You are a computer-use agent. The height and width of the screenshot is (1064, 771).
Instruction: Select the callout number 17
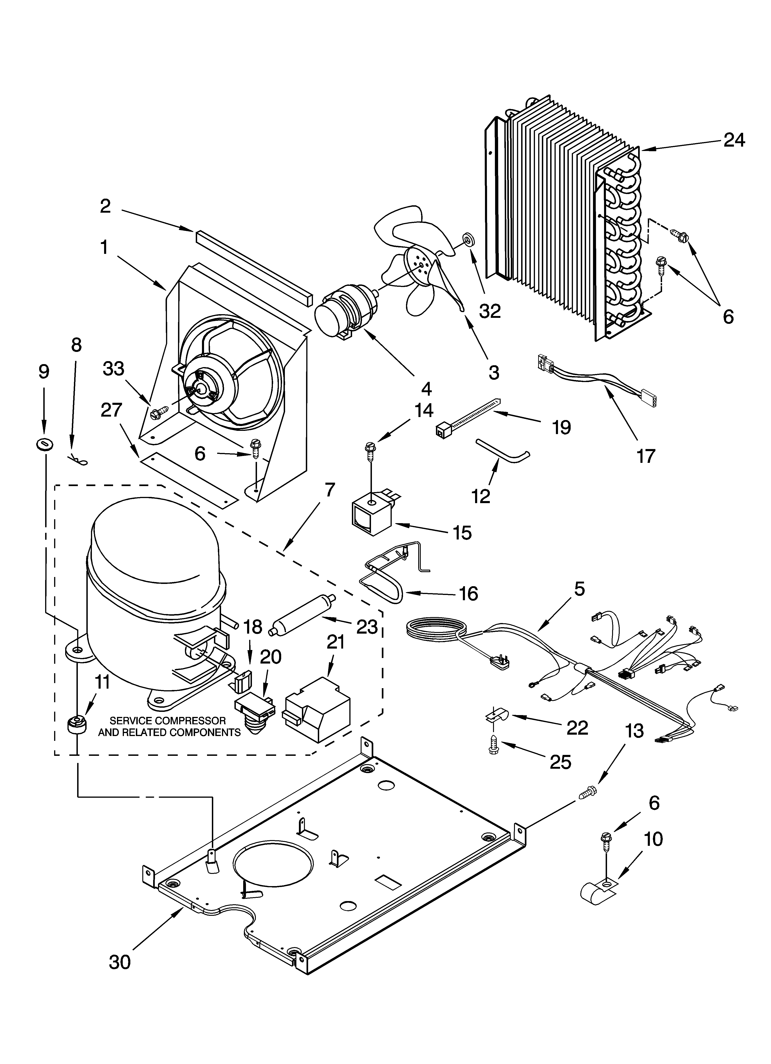[x=646, y=455]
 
